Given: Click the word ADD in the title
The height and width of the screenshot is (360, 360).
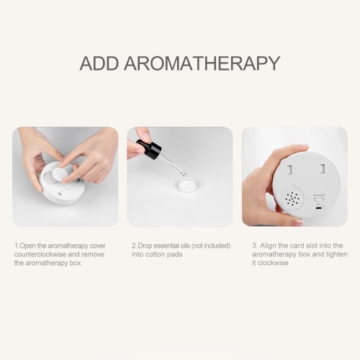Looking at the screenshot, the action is tap(99, 63).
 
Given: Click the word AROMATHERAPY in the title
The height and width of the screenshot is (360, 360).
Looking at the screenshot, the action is tap(202, 63).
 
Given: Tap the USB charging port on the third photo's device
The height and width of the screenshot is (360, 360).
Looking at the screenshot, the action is tap(319, 208).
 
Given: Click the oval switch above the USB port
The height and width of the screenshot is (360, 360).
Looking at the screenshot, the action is tap(318, 200).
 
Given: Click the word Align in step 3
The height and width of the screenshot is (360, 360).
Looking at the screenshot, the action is tap(269, 246).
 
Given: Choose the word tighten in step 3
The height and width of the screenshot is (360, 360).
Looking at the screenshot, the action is tap(336, 254).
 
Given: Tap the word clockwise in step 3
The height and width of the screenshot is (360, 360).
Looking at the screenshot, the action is tap(273, 263).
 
